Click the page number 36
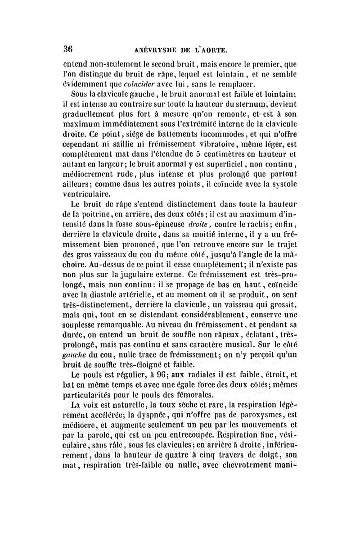pos(69,49)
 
